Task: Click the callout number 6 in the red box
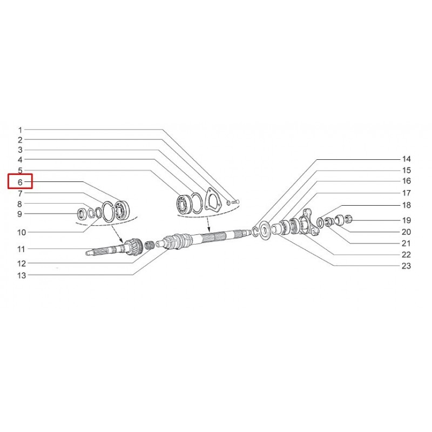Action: click(20, 182)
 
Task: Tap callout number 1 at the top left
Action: click(20, 130)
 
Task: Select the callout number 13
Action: click(22, 275)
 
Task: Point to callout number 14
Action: click(407, 159)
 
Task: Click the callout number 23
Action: click(407, 266)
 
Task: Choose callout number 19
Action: click(407, 220)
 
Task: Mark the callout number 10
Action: click(22, 232)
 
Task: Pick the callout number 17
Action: click(407, 193)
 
